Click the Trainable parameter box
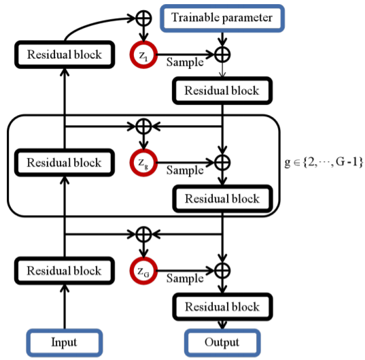[x=222, y=18]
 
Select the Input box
[x=65, y=342]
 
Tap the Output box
[x=222, y=342]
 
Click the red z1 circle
[x=143, y=55]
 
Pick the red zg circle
[x=143, y=163]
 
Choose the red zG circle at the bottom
[x=143, y=271]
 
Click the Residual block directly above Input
[x=65, y=271]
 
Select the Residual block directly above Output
[x=222, y=307]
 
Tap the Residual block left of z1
[x=65, y=54]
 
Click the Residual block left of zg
[x=65, y=163]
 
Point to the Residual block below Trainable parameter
[x=222, y=91]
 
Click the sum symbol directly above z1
[x=143, y=18]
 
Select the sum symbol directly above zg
[x=143, y=127]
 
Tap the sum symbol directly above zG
[x=143, y=234]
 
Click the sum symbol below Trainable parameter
[x=222, y=54]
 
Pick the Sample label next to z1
[x=185, y=63]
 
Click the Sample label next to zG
[x=185, y=278]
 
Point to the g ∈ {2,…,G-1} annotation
[x=324, y=162]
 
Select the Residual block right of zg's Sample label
[x=222, y=199]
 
